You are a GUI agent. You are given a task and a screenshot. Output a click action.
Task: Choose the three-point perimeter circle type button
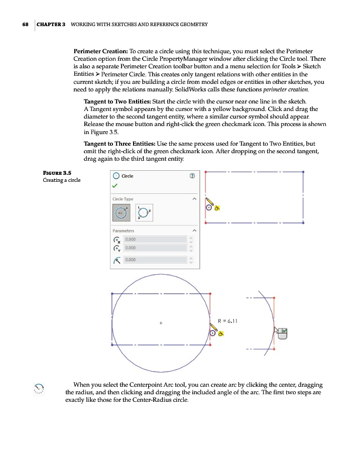[143, 213]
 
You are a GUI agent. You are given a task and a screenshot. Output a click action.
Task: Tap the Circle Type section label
[123, 199]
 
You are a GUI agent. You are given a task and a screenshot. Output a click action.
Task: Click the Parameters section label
[124, 231]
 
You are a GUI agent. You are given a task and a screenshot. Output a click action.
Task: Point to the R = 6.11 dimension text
[229, 320]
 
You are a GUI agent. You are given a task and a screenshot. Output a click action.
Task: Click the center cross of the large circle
[161, 323]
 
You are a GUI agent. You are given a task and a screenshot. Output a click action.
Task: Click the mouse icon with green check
[282, 332]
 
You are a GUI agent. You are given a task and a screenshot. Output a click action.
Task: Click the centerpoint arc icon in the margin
[39, 388]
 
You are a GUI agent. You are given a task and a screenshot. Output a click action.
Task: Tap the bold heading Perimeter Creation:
[100, 51]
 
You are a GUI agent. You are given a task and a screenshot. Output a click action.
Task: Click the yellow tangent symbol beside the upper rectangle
[217, 207]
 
